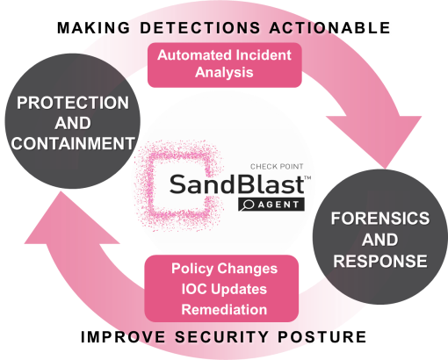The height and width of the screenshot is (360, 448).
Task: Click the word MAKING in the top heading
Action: point(93,28)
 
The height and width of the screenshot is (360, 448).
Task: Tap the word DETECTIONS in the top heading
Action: point(200,28)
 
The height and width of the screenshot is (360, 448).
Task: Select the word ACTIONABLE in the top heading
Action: point(329,28)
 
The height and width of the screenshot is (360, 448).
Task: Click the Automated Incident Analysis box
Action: point(225,65)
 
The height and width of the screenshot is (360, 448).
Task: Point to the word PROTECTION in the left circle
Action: point(73,103)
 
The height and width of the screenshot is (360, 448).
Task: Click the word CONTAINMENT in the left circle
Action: point(73,143)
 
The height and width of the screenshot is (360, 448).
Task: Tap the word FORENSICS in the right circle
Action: point(380,219)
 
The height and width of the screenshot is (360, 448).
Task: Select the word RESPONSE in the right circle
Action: point(380,261)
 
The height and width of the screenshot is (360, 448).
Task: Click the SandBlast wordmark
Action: point(237,184)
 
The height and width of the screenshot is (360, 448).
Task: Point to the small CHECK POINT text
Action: point(277,167)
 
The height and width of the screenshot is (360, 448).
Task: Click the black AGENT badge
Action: point(271,205)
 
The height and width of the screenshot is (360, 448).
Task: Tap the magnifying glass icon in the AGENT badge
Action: point(248,205)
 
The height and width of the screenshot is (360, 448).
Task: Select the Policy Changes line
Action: point(224,269)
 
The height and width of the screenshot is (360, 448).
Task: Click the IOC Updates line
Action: point(224,289)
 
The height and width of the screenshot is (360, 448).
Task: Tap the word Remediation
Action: point(224,309)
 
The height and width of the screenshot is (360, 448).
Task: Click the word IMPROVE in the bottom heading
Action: point(123,336)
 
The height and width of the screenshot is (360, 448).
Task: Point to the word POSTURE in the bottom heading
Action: point(322,336)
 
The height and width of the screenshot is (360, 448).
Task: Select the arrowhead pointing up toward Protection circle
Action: point(72,218)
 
